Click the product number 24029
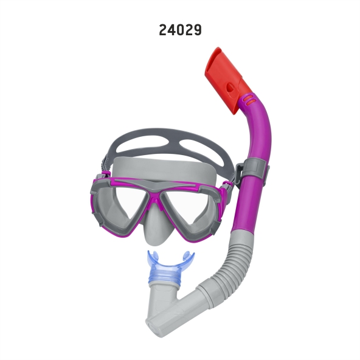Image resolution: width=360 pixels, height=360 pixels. point(180,30)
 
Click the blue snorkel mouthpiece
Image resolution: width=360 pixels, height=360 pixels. point(170,266)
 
